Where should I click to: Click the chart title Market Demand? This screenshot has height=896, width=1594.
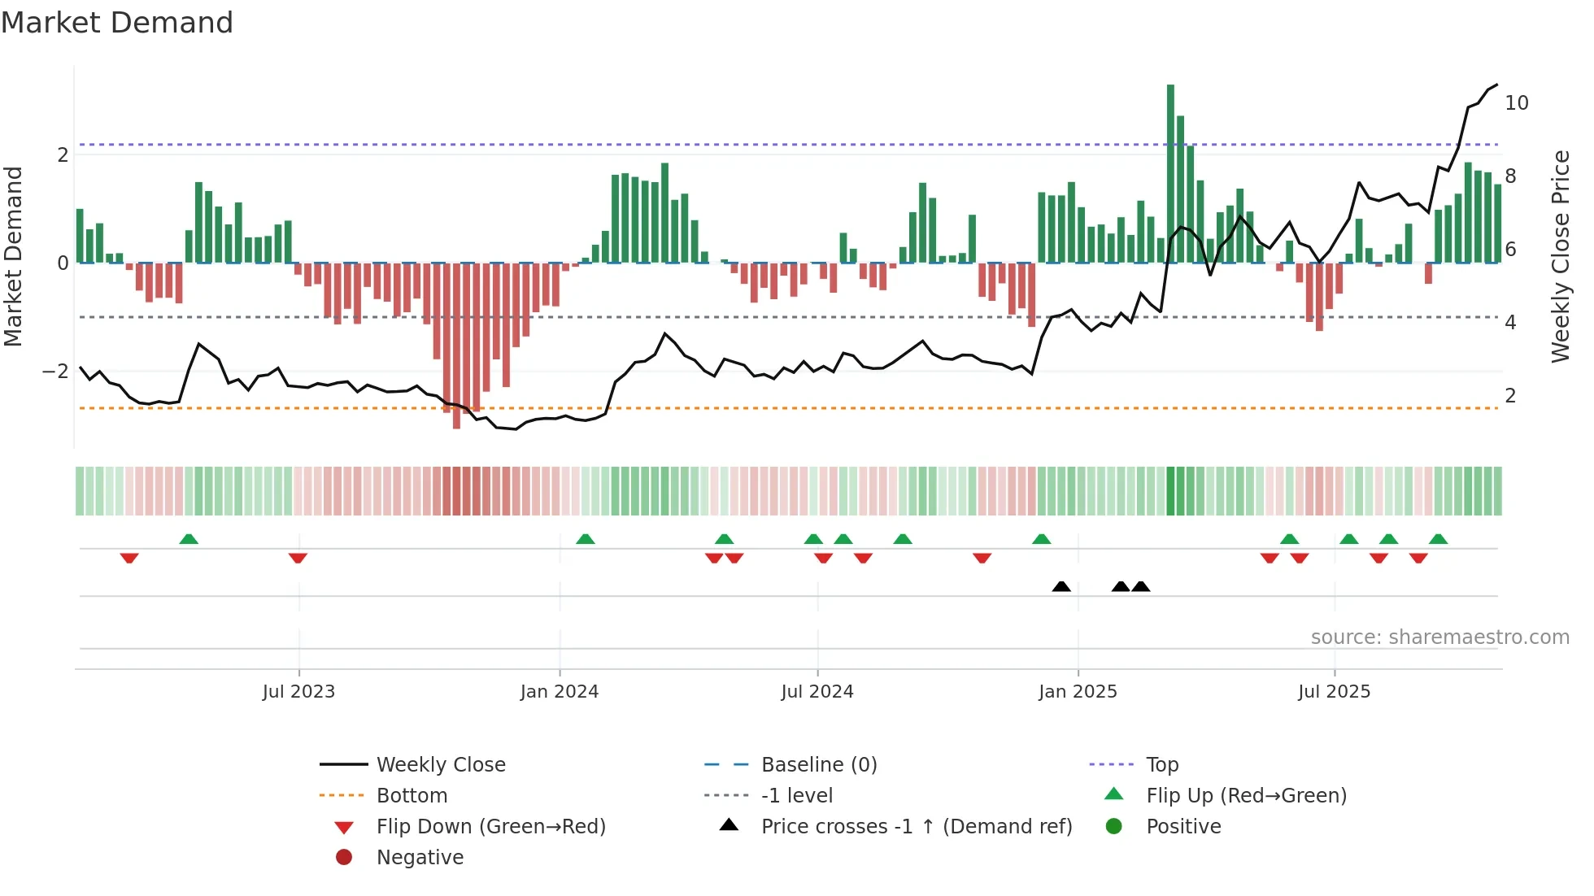[x=117, y=23]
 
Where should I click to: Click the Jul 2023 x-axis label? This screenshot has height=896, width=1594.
[x=298, y=691]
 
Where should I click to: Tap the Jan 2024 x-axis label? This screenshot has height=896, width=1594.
[x=560, y=691]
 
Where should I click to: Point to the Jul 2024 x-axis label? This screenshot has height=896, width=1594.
[x=817, y=691]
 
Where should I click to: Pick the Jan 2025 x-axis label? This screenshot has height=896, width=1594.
[x=1078, y=691]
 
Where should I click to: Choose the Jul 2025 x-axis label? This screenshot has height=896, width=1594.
[x=1335, y=691]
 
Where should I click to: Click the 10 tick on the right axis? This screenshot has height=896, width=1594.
[x=1516, y=103]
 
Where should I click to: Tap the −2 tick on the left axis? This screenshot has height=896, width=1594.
[x=55, y=372]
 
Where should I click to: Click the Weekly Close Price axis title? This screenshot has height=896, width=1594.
[x=1560, y=256]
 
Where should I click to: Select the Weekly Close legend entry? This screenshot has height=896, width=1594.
[x=440, y=764]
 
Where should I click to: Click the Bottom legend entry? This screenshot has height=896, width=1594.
[x=412, y=795]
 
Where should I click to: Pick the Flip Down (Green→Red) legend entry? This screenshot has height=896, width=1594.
[x=490, y=826]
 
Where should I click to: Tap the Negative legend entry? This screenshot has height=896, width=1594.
[x=420, y=857]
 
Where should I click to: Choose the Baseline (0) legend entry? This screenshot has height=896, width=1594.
[x=818, y=764]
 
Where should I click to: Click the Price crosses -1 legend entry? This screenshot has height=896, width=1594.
[x=916, y=826]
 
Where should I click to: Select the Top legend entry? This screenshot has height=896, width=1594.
[x=1161, y=764]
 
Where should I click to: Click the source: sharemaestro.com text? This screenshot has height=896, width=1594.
[x=1439, y=637]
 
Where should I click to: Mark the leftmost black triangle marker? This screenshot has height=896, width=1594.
[x=1061, y=586]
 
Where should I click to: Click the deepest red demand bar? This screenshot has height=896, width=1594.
[x=456, y=346]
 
